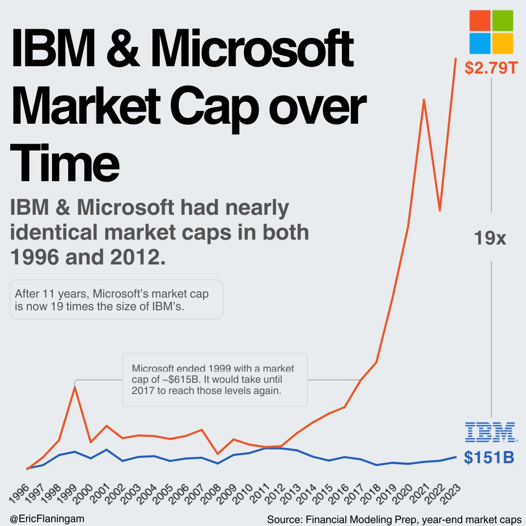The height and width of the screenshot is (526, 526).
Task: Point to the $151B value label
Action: click(488, 458)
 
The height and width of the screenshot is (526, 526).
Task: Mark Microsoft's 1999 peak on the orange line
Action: click(75, 387)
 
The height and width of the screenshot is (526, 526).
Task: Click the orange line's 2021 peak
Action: click(424, 100)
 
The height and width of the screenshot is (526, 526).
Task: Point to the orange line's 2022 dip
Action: click(440, 210)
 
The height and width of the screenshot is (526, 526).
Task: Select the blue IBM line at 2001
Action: click(106, 449)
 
